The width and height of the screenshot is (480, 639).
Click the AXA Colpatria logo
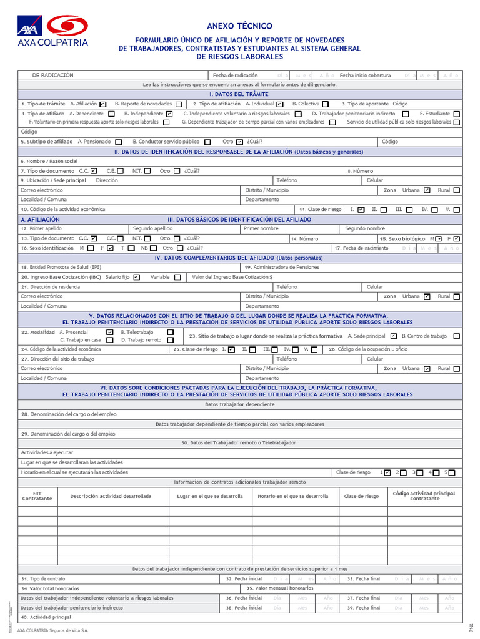click(x=53, y=31)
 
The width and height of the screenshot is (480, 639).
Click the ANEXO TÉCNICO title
click(x=239, y=26)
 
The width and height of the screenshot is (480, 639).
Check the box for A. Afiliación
click(x=102, y=104)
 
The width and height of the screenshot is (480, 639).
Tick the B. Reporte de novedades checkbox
click(x=179, y=104)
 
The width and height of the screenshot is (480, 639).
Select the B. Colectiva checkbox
click(x=326, y=104)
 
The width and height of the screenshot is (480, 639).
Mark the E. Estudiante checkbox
click(x=457, y=114)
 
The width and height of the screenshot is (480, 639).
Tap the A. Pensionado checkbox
click(x=118, y=142)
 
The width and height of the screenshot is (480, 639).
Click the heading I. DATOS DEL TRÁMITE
click(x=239, y=94)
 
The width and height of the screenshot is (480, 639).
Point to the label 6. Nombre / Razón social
click(x=49, y=161)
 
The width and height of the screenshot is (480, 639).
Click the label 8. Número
click(x=360, y=171)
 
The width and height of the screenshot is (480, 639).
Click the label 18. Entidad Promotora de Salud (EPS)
click(x=61, y=267)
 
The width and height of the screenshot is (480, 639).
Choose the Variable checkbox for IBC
click(x=177, y=277)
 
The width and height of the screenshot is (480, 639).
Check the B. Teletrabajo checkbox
click(x=170, y=333)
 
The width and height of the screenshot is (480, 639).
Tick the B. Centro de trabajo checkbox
click(x=456, y=336)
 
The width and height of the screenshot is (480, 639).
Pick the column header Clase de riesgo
click(x=361, y=496)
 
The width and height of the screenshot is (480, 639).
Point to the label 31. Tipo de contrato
click(x=43, y=578)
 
